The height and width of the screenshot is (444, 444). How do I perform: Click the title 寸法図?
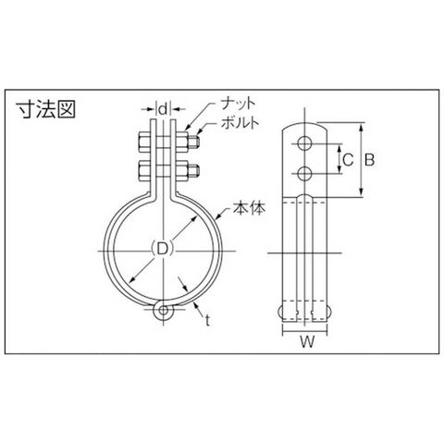tap(45, 108)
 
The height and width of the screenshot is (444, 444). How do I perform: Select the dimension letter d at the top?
tap(164, 108)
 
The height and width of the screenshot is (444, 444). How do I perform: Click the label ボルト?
tap(240, 123)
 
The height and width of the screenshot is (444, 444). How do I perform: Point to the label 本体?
tap(249, 208)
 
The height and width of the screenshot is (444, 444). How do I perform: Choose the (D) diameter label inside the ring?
tap(163, 249)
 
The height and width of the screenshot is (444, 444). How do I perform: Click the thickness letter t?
tap(207, 321)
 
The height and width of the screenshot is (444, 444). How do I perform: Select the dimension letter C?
tap(348, 160)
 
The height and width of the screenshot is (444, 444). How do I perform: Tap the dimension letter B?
tap(369, 160)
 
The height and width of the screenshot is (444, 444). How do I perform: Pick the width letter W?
tap(307, 341)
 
